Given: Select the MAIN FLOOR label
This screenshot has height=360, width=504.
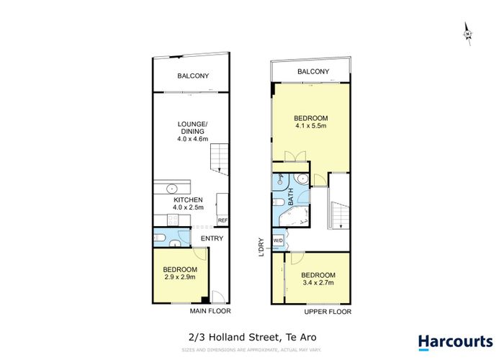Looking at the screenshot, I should [x=208, y=311].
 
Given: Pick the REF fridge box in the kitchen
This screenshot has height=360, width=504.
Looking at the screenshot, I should [x=222, y=220].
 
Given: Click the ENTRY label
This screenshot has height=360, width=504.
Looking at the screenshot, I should [x=212, y=238].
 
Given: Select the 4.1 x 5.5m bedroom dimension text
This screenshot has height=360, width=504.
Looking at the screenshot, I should [x=311, y=126].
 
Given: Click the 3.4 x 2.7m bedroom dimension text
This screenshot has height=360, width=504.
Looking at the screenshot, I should [x=318, y=284].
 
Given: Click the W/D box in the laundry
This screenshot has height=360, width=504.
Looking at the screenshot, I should [x=278, y=241].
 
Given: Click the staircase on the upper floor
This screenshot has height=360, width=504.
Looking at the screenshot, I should [x=337, y=213].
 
